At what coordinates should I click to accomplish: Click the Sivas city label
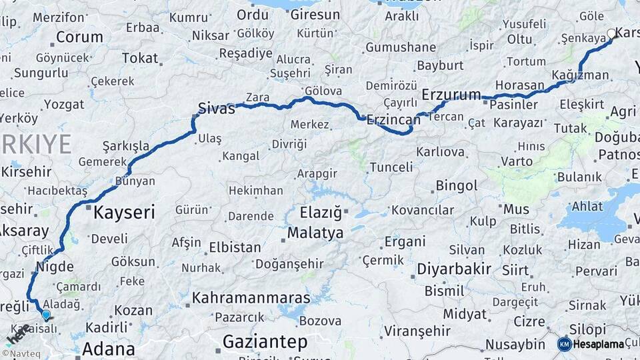[x=217, y=108]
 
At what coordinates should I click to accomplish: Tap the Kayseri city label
[x=124, y=213]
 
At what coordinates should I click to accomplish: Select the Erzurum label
[x=451, y=94]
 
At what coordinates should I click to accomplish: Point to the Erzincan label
[x=393, y=120]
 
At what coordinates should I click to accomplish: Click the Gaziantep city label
[x=265, y=342]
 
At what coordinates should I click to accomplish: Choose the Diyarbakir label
[x=454, y=269]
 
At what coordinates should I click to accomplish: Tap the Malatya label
[x=315, y=233]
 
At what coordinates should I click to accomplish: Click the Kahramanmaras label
[x=251, y=297]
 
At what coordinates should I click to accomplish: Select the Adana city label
[x=108, y=348]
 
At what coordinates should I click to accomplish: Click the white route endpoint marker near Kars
[x=611, y=33]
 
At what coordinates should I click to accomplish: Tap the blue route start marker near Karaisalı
[x=45, y=315]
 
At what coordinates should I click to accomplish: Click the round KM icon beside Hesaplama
[x=564, y=344]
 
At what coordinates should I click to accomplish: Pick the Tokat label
[x=139, y=58]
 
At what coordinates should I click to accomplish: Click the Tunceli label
[x=391, y=167]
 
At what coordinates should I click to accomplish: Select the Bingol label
[x=457, y=185]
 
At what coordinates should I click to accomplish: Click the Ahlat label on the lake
[x=587, y=206]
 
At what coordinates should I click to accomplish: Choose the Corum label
[x=79, y=37]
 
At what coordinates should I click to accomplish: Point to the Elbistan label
[x=235, y=247]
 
